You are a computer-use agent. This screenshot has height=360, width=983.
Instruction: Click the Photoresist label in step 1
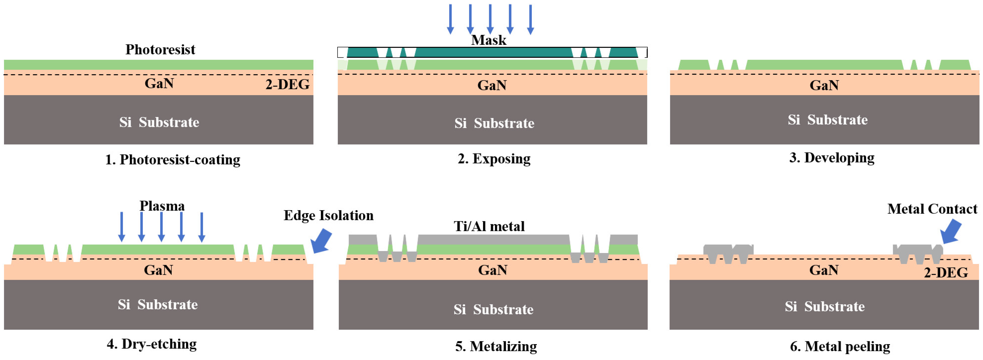(x=160, y=50)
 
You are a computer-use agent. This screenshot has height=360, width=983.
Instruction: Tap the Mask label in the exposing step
(x=488, y=40)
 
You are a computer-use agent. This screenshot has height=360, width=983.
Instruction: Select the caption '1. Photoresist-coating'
(x=172, y=160)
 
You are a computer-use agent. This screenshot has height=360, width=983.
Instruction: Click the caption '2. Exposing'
(x=494, y=158)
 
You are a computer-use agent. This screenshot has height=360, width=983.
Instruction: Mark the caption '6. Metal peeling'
(x=840, y=346)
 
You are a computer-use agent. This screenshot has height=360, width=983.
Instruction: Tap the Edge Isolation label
(x=328, y=216)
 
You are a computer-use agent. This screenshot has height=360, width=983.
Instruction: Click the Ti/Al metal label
(x=489, y=226)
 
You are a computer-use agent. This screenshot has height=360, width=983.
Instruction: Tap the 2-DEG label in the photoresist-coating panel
(x=287, y=84)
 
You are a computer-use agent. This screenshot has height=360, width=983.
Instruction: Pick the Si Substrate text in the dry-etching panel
(x=158, y=305)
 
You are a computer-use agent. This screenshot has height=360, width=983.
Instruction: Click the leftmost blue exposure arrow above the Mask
(x=450, y=19)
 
